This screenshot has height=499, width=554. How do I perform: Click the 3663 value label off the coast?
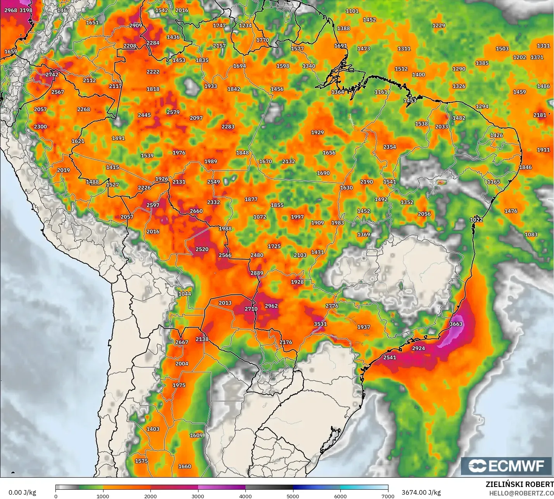coord(456,324)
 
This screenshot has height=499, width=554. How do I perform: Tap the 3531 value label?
coord(320,324)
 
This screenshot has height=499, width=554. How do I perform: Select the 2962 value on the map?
coord(271,306)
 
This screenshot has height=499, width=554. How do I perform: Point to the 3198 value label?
coord(26,10)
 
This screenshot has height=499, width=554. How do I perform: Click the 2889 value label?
coord(257,273)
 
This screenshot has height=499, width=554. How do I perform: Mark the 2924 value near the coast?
coord(418,348)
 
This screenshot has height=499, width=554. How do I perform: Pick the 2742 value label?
coord(52,74)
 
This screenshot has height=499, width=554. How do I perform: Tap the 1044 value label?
coord(185,294)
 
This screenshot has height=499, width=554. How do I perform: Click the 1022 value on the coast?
coord(476,219)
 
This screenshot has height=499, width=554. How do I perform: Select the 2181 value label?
coord(540,115)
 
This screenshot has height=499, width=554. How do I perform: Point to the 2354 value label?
coord(390,147)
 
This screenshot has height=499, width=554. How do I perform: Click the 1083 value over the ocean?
coord(531,234)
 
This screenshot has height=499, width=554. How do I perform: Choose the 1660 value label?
coord(185,466)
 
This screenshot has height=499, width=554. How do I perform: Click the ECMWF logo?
coord(506,466)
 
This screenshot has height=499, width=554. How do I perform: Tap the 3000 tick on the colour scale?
coord(198,496)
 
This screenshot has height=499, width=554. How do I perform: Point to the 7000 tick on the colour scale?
coord(388,496)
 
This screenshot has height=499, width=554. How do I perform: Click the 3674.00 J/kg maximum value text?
coord(421,492)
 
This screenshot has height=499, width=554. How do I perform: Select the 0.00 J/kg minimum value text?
coord(22,492)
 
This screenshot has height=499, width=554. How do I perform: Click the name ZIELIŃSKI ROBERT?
coord(519,484)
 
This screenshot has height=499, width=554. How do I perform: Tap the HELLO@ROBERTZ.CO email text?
coord(521,493)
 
